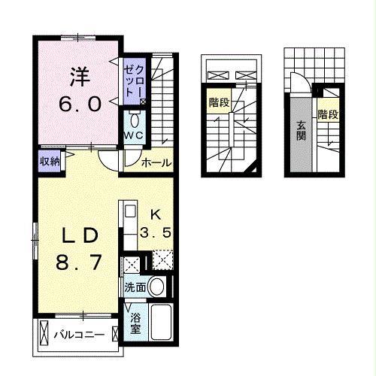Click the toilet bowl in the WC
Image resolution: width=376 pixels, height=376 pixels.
(x=135, y=120)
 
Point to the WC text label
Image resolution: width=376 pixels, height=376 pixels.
(x=135, y=135)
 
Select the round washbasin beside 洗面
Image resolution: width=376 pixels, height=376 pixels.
(x=157, y=287)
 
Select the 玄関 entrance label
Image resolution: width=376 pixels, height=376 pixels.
(x=300, y=132)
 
